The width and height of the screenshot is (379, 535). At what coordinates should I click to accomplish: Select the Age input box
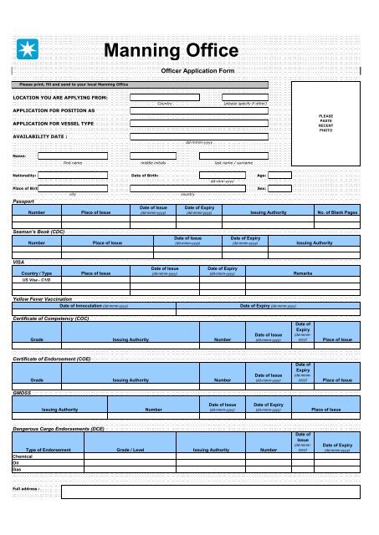(x=279, y=176)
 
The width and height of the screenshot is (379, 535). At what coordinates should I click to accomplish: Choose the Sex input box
(x=279, y=189)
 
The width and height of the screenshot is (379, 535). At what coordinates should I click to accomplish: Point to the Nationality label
(x=24, y=176)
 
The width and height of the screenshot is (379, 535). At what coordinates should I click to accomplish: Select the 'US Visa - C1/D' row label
(x=37, y=279)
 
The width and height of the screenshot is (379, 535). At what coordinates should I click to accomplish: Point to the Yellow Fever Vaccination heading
(x=48, y=298)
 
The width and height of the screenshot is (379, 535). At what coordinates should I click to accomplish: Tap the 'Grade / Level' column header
(x=133, y=450)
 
